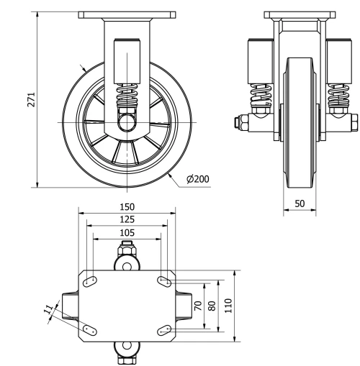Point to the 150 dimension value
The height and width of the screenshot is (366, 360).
(127, 207)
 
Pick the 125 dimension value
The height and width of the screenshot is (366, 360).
(127, 219)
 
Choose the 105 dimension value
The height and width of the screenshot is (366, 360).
(127, 232)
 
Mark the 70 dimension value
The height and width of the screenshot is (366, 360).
(197, 305)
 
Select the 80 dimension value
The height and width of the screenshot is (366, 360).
(212, 305)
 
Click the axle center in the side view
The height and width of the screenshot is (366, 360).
(127, 123)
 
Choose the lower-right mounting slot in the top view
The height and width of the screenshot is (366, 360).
(163, 329)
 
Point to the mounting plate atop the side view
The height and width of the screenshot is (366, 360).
(127, 15)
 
